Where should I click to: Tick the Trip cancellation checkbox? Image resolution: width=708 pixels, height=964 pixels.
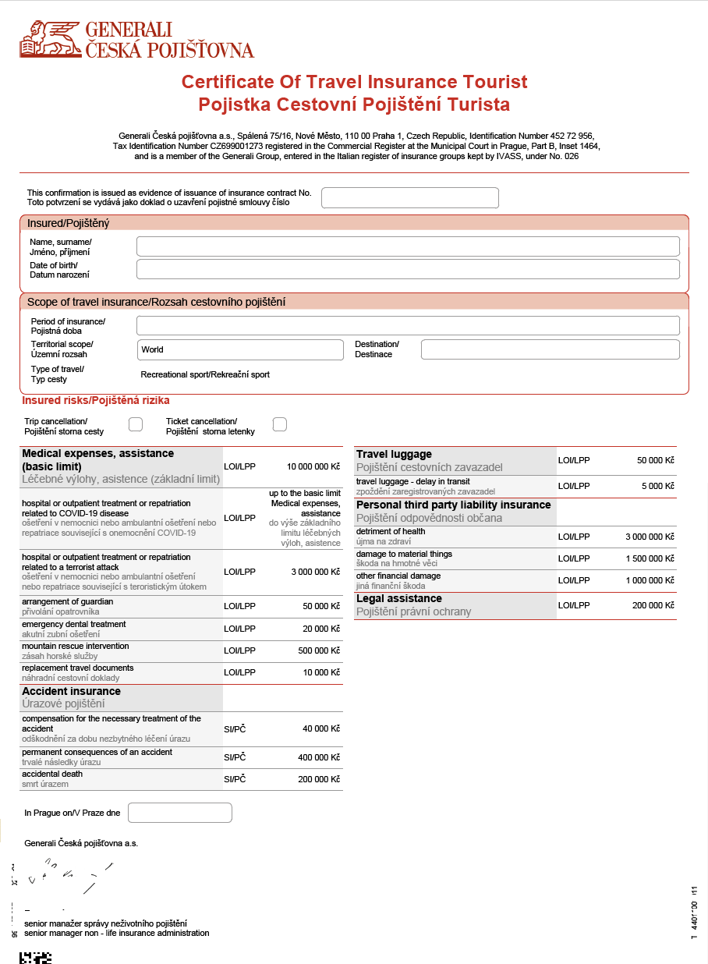[136, 424]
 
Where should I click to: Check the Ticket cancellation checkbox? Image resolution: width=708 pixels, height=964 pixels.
[280, 424]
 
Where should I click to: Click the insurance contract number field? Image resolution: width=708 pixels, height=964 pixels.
[409, 198]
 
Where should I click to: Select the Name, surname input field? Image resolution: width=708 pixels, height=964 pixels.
[408, 246]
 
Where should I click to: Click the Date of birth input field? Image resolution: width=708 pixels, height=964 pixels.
[408, 269]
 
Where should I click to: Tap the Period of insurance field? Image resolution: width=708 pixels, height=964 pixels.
[408, 325]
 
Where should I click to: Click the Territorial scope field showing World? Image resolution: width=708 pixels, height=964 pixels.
[240, 349]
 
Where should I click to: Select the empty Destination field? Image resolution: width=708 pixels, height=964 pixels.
[550, 349]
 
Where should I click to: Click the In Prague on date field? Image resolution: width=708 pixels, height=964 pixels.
[180, 813]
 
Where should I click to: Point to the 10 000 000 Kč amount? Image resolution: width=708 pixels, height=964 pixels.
[313, 466]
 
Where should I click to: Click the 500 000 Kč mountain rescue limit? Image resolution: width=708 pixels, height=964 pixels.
[321, 650]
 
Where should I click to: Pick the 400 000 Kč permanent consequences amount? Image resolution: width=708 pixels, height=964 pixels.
[319, 757]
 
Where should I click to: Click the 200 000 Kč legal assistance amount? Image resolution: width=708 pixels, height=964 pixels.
[651, 605]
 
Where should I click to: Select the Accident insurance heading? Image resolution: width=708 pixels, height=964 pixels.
[72, 691]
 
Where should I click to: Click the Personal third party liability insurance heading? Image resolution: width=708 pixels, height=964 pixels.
[453, 505]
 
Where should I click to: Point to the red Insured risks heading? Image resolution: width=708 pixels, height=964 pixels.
[96, 400]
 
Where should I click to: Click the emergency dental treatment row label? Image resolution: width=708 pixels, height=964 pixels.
[74, 624]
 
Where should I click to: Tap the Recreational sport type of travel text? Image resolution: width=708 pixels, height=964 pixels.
[205, 374]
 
